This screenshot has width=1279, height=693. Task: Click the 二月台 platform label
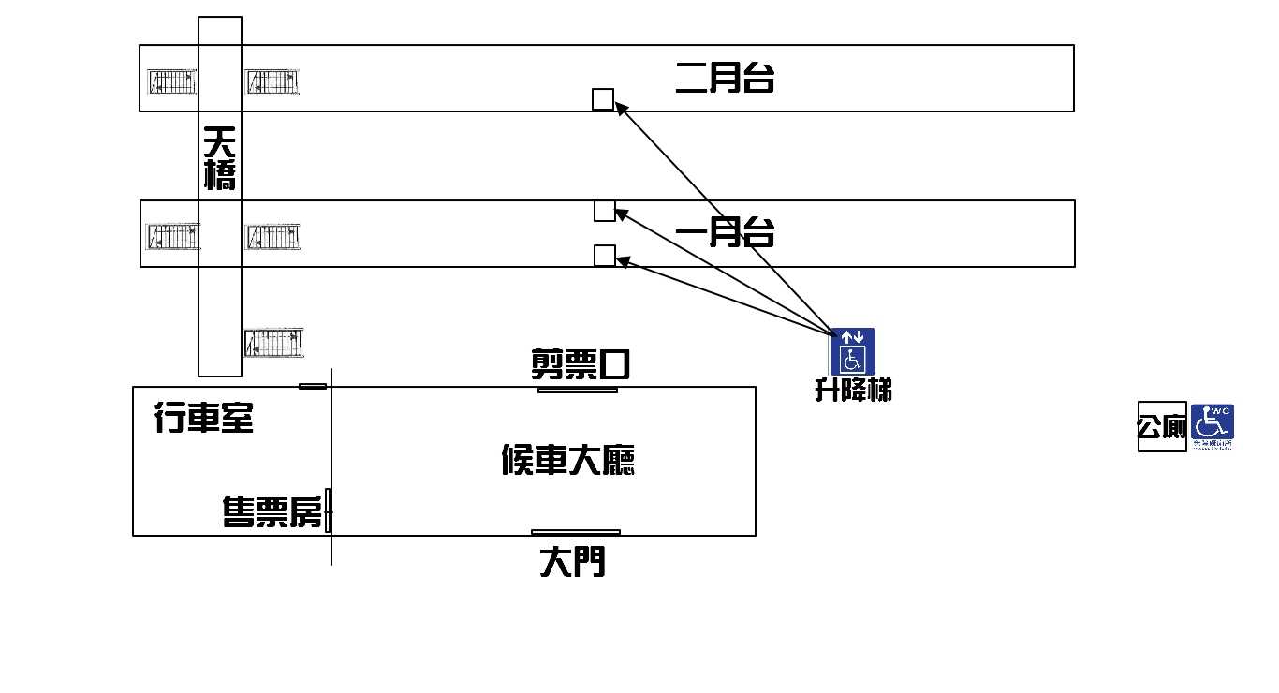point(725,77)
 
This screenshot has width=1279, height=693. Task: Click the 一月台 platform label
point(725,231)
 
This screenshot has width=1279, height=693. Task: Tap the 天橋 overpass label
point(220,158)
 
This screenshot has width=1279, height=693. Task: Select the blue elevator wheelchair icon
point(852,351)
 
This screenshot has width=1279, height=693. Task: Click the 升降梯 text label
point(853,390)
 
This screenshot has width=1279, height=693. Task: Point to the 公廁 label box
point(1162,427)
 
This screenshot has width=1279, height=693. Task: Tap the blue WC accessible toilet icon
point(1213,426)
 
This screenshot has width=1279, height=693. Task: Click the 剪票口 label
point(580,363)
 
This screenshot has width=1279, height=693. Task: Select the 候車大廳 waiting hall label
point(568,460)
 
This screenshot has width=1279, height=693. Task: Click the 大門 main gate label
point(572,562)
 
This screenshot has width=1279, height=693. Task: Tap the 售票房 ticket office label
point(272,512)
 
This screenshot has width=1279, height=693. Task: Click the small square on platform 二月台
point(603,99)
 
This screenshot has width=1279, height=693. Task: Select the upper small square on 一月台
point(605,211)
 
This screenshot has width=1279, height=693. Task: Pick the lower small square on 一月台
point(605,256)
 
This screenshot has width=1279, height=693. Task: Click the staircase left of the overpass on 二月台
point(171,82)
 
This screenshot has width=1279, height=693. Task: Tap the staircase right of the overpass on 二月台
point(272,82)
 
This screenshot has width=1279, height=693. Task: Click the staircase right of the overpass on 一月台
point(273,237)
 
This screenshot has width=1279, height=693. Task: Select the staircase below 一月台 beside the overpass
point(273,343)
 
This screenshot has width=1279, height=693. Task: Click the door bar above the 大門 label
point(575,532)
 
